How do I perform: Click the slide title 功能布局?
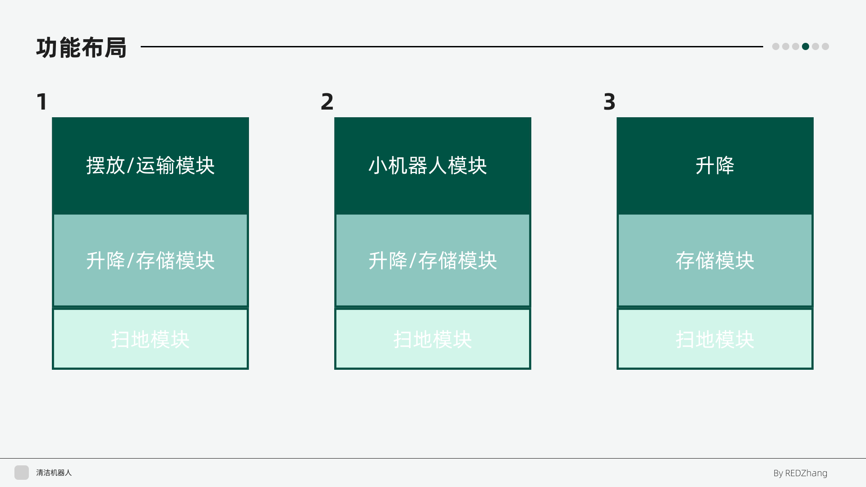click(x=81, y=48)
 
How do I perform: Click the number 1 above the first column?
click(x=42, y=101)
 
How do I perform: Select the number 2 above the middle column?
click(x=327, y=101)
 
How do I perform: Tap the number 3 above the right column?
click(x=609, y=101)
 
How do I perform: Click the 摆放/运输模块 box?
click(x=150, y=166)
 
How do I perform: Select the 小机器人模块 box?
click(x=433, y=166)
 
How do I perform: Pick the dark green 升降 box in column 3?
click(x=715, y=166)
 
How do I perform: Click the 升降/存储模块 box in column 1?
click(x=150, y=261)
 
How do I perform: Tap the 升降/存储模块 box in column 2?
click(x=433, y=261)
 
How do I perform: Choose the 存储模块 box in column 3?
click(x=715, y=261)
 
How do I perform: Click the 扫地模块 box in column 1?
click(x=150, y=339)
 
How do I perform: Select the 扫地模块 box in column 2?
click(x=433, y=339)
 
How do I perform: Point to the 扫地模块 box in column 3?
click(x=715, y=339)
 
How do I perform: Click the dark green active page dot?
click(x=806, y=46)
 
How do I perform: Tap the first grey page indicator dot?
click(x=776, y=46)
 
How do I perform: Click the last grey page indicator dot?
click(x=825, y=46)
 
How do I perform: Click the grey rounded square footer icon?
click(x=22, y=473)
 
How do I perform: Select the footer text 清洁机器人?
click(x=54, y=473)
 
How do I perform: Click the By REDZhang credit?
click(x=801, y=473)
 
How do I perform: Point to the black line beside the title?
click(x=452, y=46)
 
